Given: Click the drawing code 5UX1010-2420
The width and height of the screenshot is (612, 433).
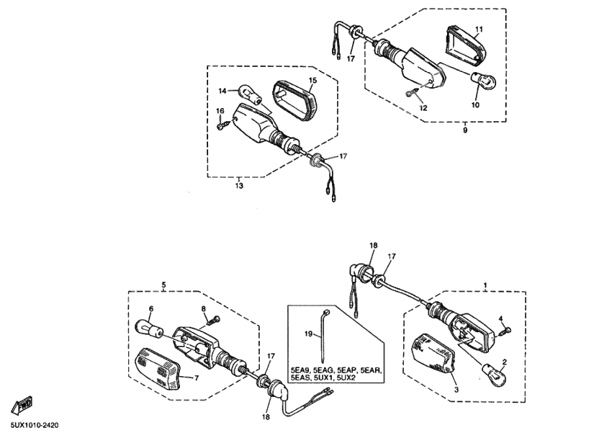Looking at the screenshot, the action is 35,425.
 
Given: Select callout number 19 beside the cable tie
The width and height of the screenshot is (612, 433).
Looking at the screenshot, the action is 309,334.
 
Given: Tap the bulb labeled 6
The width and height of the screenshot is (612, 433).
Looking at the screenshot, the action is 148,328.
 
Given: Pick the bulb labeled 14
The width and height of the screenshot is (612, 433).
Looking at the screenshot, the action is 249,94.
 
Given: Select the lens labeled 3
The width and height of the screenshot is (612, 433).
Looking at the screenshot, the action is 434,353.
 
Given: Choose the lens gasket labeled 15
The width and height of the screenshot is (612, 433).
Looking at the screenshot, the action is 294,99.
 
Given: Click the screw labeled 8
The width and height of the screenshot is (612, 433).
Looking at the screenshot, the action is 213,320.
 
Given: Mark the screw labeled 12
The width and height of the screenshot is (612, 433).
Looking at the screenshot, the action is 412,92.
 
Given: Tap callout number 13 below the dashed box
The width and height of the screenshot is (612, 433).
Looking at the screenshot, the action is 239,186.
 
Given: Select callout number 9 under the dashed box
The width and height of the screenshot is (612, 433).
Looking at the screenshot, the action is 465,130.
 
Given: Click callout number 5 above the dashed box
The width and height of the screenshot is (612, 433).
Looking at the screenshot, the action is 163,285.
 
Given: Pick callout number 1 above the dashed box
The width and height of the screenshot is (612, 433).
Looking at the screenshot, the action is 485,285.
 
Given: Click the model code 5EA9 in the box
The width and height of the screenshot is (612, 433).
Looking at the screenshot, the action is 300,370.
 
